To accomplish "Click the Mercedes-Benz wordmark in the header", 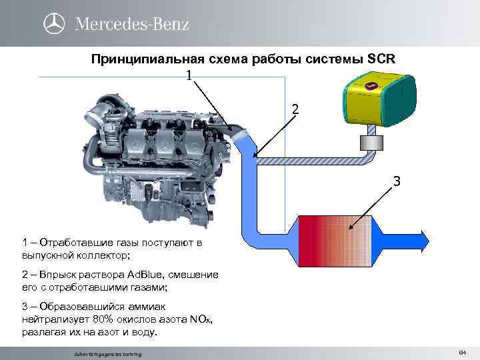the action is (x=132, y=24).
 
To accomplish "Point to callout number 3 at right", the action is (x=396, y=181).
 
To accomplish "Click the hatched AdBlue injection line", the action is (x=313, y=160).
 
